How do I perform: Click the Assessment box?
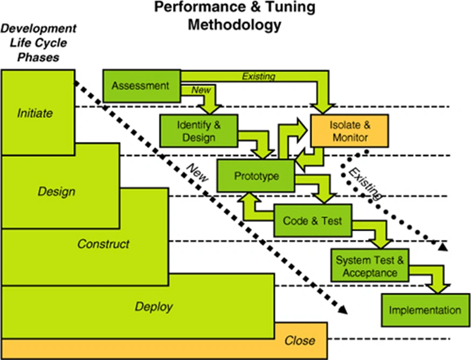(141, 86)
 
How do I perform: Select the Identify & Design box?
(199, 131)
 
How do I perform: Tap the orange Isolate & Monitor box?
(349, 131)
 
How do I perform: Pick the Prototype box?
(255, 176)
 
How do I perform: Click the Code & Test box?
(312, 220)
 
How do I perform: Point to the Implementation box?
(425, 310)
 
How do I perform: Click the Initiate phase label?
(35, 114)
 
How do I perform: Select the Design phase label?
(57, 191)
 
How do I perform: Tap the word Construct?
(103, 244)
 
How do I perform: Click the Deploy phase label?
(154, 307)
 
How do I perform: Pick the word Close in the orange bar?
(300, 341)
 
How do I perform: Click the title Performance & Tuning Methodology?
(234, 16)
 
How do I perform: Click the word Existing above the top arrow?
(258, 77)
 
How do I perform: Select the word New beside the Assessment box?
(201, 91)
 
